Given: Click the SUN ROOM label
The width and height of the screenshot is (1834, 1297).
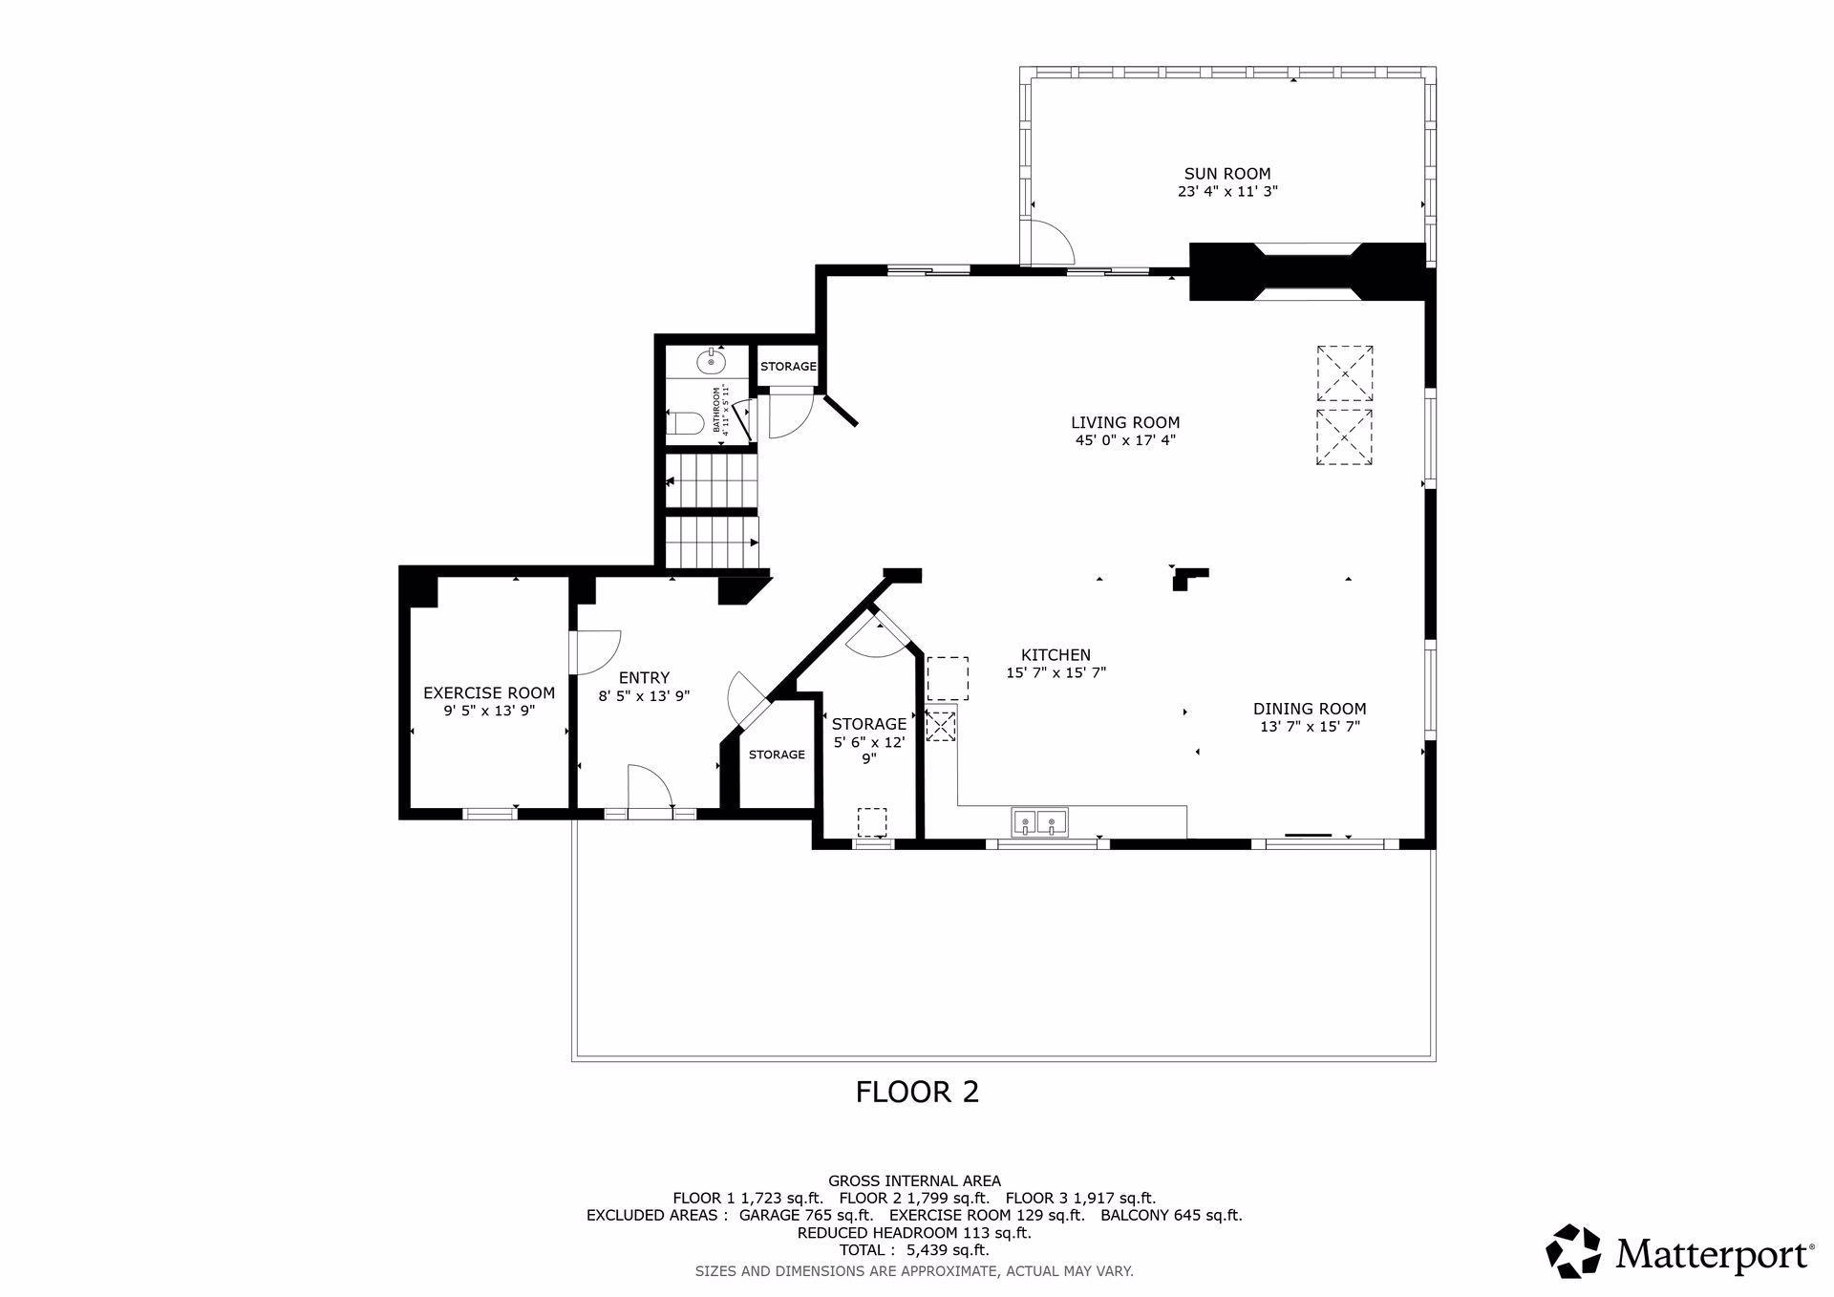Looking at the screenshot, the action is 1227,174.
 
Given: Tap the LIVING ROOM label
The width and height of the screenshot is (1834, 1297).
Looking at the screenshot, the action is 1125,422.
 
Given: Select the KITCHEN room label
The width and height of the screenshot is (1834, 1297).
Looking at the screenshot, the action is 1056,655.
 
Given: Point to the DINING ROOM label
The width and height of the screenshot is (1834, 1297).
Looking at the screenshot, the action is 1310,709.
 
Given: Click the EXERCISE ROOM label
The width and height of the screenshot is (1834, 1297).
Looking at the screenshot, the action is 489,693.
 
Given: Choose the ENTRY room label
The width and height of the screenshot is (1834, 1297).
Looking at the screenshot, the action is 644,678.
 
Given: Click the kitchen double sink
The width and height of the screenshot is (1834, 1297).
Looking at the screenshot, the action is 1039,820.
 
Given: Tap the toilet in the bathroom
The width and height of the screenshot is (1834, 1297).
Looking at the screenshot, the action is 685,422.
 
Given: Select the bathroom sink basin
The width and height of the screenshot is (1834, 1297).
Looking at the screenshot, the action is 711,362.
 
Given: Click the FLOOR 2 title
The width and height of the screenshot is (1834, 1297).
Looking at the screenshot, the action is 917,1092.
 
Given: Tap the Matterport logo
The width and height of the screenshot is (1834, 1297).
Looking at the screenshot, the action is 1680,1251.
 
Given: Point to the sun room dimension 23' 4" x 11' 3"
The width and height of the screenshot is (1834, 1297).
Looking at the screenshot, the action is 1227,191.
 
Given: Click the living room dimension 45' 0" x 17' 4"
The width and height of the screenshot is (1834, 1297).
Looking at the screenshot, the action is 1125,440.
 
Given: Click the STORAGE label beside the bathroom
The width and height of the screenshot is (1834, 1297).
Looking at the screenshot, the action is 788,367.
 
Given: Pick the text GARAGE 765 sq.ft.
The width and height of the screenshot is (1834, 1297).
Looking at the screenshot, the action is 806,1216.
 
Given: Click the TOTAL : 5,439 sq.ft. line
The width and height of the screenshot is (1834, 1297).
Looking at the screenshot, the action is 914,1250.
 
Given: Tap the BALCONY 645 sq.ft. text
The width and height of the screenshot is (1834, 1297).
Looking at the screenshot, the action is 1171,1216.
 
